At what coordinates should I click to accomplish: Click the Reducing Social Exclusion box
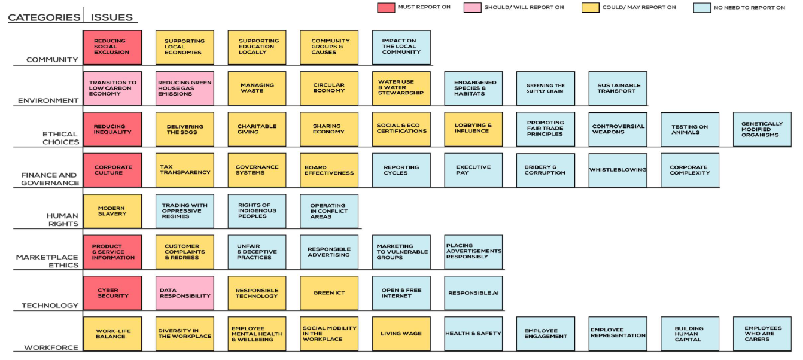[x=112, y=47]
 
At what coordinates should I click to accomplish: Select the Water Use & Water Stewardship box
[x=401, y=88]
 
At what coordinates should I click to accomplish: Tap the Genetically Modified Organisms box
[x=762, y=129]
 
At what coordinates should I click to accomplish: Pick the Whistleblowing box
[x=618, y=170]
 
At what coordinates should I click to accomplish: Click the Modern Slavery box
[x=112, y=211]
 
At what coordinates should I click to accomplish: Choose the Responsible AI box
[x=473, y=293]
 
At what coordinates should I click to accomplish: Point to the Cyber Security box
[x=112, y=293]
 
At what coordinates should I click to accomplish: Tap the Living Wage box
[x=401, y=334]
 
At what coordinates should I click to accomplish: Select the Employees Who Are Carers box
[x=762, y=334]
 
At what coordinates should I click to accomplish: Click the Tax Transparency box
[x=185, y=170]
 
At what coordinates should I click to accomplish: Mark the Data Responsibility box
[x=185, y=293]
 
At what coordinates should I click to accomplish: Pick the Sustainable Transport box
[x=618, y=88]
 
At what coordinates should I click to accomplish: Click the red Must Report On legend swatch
[x=386, y=8]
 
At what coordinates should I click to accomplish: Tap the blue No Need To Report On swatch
[x=702, y=8]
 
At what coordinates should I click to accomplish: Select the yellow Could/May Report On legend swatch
[x=591, y=8]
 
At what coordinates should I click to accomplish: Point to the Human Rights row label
[x=62, y=219]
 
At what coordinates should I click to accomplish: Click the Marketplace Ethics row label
[x=47, y=261]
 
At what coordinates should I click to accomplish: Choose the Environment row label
[x=48, y=100]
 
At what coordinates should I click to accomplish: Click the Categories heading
[x=44, y=17]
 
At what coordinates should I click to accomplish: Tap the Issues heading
[x=111, y=17]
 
